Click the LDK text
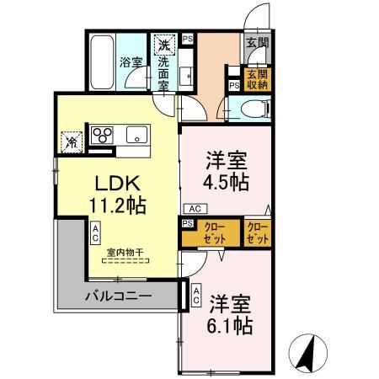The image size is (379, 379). (x=115, y=183)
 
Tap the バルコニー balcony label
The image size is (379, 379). (x=118, y=296)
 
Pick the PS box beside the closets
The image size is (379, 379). (x=186, y=223)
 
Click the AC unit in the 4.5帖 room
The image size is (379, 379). (x=193, y=208)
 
